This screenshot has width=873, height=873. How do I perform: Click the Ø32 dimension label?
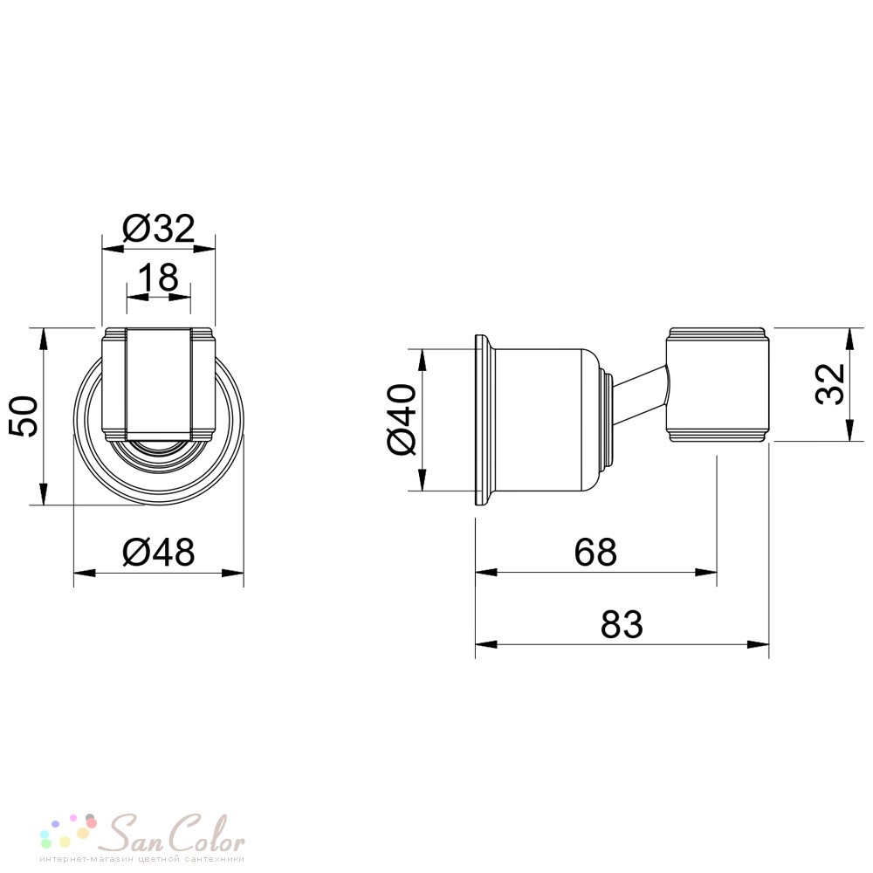point(159,228)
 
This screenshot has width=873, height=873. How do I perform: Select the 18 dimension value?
point(159,277)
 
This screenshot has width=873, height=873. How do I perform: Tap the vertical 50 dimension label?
point(23,416)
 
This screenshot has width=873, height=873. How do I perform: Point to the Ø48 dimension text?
point(159,553)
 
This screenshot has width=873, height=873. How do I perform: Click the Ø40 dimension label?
point(402,419)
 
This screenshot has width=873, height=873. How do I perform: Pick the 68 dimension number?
point(595,553)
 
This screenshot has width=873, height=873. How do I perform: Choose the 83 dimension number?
point(622,624)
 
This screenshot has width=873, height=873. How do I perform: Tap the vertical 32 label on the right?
point(830,384)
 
